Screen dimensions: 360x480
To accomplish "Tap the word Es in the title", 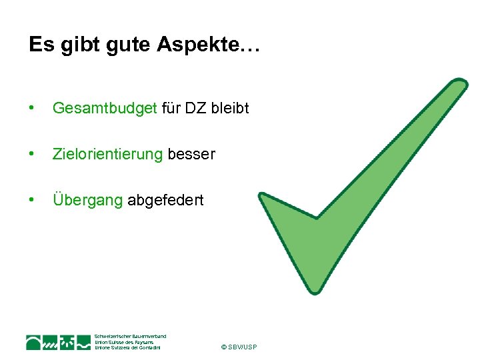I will [39, 45].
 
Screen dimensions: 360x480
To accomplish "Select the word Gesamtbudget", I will [104, 108].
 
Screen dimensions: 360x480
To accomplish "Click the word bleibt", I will [230, 108].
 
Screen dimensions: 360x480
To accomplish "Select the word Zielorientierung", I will [107, 154].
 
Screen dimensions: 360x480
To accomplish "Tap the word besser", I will [191, 154].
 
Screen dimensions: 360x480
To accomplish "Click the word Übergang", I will [87, 200].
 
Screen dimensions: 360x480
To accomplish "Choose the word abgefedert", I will [165, 200].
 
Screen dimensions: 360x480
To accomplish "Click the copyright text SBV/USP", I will [238, 347].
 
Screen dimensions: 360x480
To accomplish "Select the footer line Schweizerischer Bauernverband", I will [131, 336].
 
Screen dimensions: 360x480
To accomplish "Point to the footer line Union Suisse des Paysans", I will [124, 342].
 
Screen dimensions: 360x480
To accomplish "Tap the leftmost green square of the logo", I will [34, 343].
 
